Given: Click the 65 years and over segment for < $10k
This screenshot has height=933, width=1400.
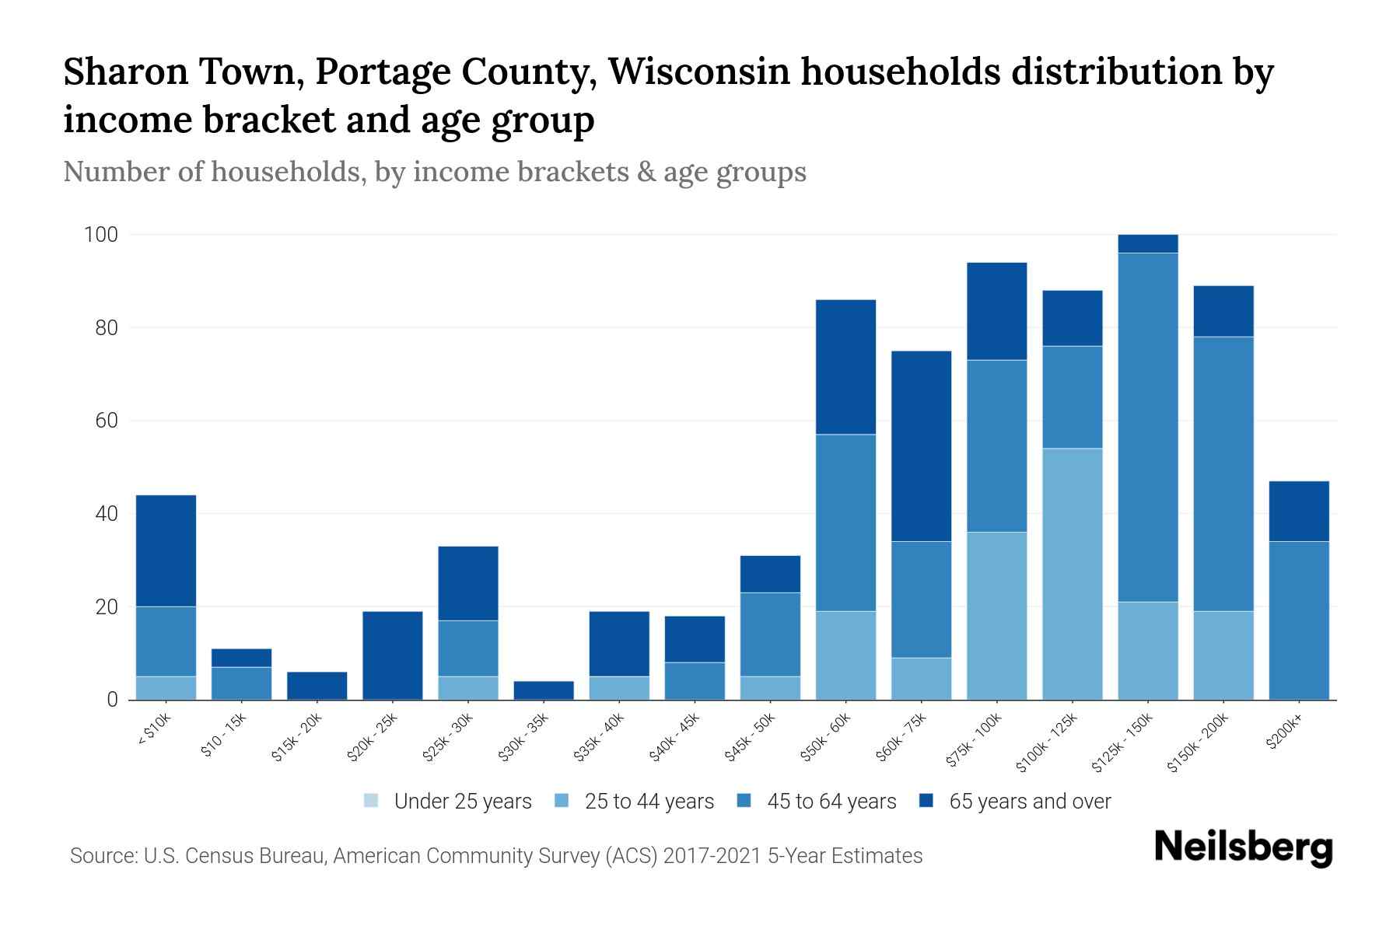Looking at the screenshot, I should pyautogui.click(x=166, y=550).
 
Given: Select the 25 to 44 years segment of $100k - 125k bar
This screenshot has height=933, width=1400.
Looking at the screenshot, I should pyautogui.click(x=1073, y=574).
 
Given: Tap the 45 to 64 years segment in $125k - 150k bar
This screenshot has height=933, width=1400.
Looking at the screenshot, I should pyautogui.click(x=1148, y=427).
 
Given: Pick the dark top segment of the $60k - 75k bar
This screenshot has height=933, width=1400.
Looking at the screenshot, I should pyautogui.click(x=921, y=446).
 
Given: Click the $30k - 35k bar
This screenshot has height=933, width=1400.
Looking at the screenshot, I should pyautogui.click(x=544, y=690).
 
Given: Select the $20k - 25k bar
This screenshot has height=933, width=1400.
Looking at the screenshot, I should pyautogui.click(x=393, y=655).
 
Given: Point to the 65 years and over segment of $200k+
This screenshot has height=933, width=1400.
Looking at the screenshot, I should pyautogui.click(x=1299, y=511).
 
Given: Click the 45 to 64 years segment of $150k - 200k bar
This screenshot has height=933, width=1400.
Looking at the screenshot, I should pyautogui.click(x=1223, y=473).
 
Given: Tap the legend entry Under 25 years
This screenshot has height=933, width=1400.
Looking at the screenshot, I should pyautogui.click(x=448, y=802).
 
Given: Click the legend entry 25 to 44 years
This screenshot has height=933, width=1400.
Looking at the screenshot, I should pyautogui.click(x=635, y=802).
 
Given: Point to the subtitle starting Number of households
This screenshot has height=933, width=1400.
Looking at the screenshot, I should pyautogui.click(x=435, y=172).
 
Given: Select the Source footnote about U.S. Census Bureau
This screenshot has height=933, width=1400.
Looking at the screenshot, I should pyautogui.click(x=496, y=856).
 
